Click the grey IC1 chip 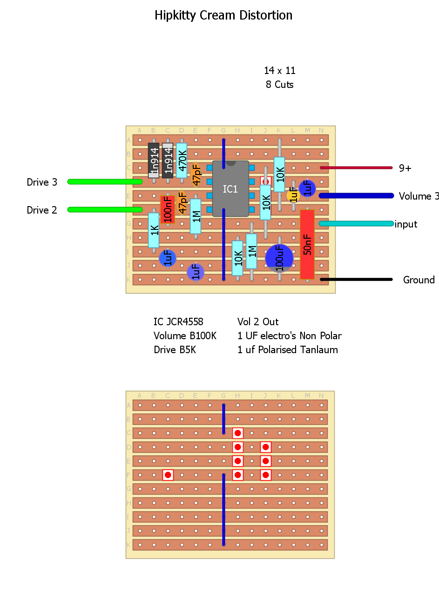[230, 189]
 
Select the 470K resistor [182, 161]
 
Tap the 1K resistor [154, 230]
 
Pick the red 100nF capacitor [168, 209]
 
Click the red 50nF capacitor [307, 244]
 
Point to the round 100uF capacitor [279, 258]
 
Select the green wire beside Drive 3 [105, 181]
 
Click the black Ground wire [356, 280]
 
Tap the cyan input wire [356, 224]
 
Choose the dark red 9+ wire [356, 168]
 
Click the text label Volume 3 [418, 196]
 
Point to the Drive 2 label [42, 210]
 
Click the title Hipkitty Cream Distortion [223, 15]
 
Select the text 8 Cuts [280, 85]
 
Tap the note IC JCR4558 [178, 322]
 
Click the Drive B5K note [175, 350]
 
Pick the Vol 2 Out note [258, 322]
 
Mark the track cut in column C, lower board [168, 475]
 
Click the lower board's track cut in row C [238, 433]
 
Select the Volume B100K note [185, 336]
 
